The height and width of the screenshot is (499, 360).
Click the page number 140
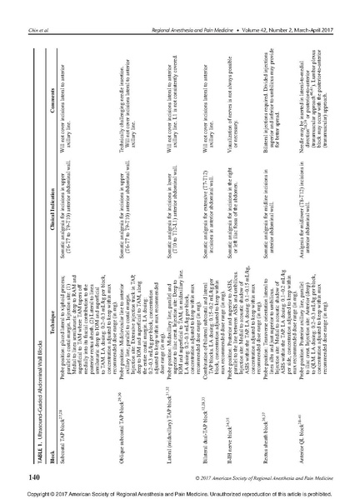[x=32, y=453]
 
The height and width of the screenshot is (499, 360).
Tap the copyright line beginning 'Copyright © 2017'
[x=180, y=491]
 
